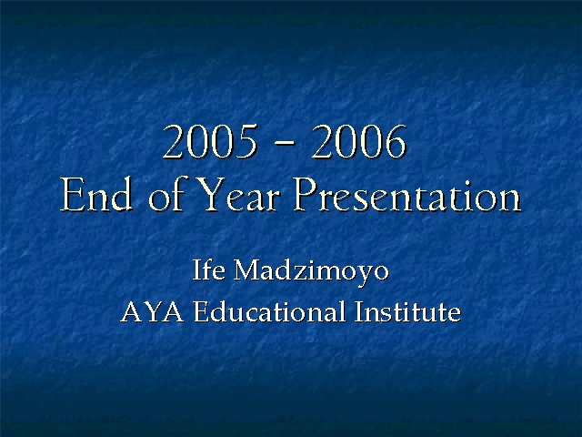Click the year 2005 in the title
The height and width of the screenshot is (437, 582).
pos(210,142)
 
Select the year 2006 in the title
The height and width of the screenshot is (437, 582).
pos(359,142)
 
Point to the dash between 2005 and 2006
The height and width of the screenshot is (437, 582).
pos(285,143)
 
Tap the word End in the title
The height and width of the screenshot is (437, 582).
pos(96,194)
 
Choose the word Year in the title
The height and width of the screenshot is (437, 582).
pos(237,194)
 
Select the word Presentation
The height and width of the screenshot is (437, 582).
pos(407,194)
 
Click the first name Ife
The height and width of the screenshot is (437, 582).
pos(208,269)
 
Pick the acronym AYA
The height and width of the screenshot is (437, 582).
pos(152,311)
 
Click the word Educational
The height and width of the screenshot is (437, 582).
pos(269,311)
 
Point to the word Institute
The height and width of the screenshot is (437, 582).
pos(407,311)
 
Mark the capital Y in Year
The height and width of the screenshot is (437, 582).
pos(210,194)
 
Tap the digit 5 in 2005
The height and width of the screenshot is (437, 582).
pos(246,142)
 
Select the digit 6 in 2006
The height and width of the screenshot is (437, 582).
pos(396,142)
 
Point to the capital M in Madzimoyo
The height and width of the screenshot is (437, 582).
pos(246,269)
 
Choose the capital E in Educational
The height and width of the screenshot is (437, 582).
pos(200,311)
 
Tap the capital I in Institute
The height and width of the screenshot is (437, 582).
pos(359,311)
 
